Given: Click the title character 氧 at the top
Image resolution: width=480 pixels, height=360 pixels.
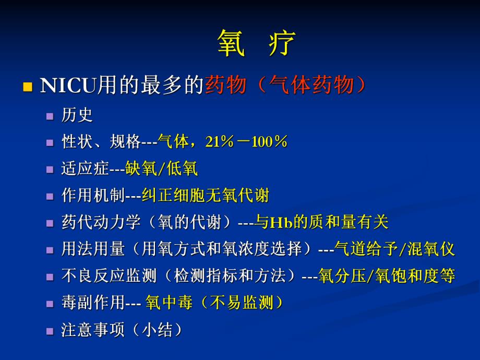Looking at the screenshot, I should [x=231, y=43].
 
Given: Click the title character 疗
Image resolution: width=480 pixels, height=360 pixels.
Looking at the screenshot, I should [x=282, y=43].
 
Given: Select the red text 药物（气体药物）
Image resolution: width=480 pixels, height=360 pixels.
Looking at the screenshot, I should [x=285, y=85].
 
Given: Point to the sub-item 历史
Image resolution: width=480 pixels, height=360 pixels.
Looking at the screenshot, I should [x=77, y=115].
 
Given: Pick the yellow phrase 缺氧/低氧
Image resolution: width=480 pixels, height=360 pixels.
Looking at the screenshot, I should [x=162, y=169].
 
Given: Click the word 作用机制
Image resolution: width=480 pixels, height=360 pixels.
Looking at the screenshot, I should [x=93, y=196].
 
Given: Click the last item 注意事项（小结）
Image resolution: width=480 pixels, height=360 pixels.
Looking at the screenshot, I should [x=122, y=330].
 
